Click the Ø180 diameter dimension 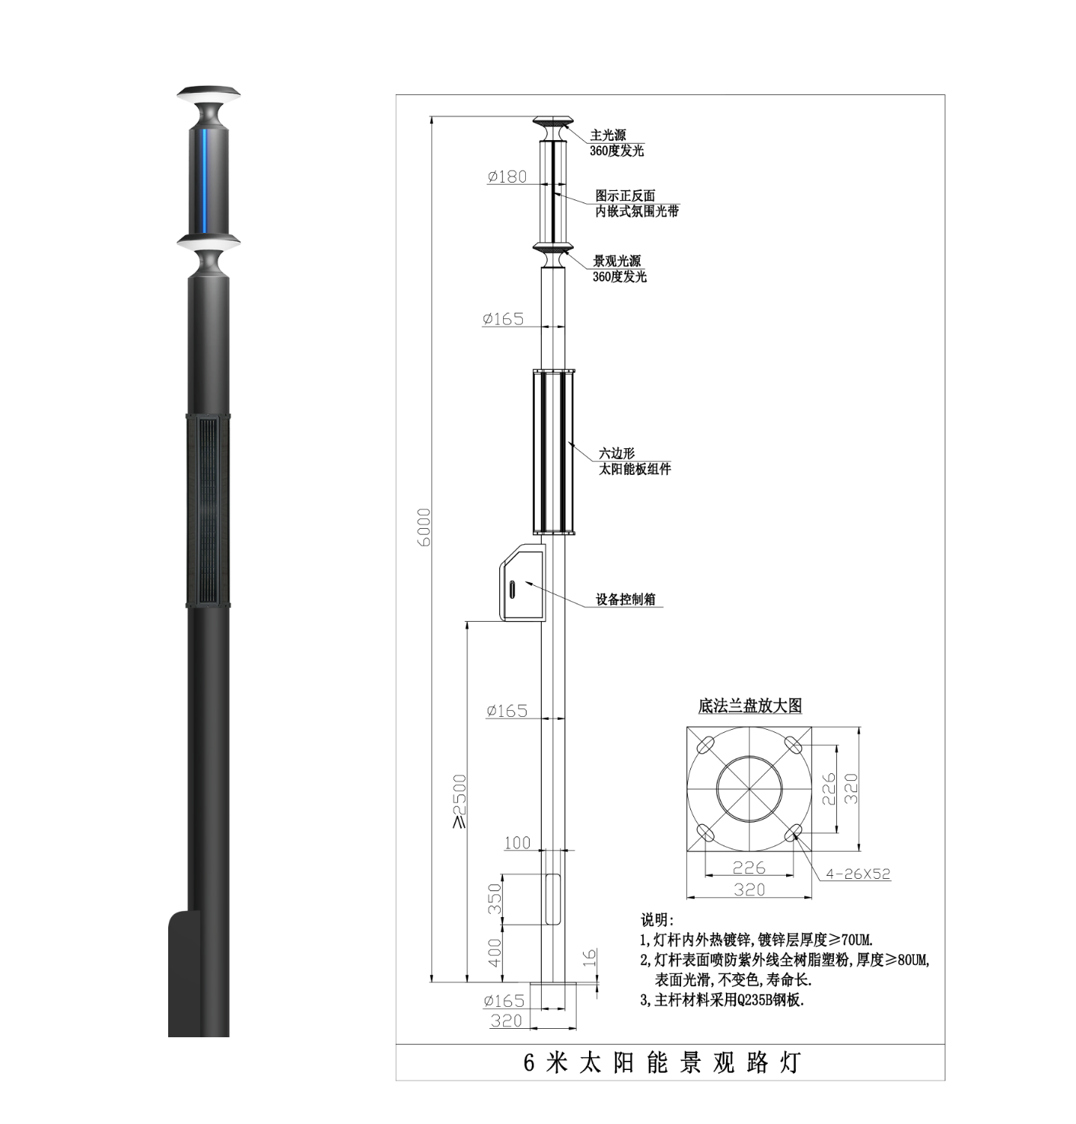pyautogui.click(x=507, y=176)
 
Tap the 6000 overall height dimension pyautogui.click(x=424, y=527)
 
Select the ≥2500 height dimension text pyautogui.click(x=459, y=801)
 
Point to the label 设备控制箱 pyautogui.click(x=626, y=599)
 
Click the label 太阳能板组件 pyautogui.click(x=635, y=469)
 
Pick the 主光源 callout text pyautogui.click(x=607, y=135)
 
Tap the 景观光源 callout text pyautogui.click(x=617, y=260)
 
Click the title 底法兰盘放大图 pyautogui.click(x=750, y=705)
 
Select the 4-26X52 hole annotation pyautogui.click(x=858, y=874)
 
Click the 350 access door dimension pyautogui.click(x=495, y=899)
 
